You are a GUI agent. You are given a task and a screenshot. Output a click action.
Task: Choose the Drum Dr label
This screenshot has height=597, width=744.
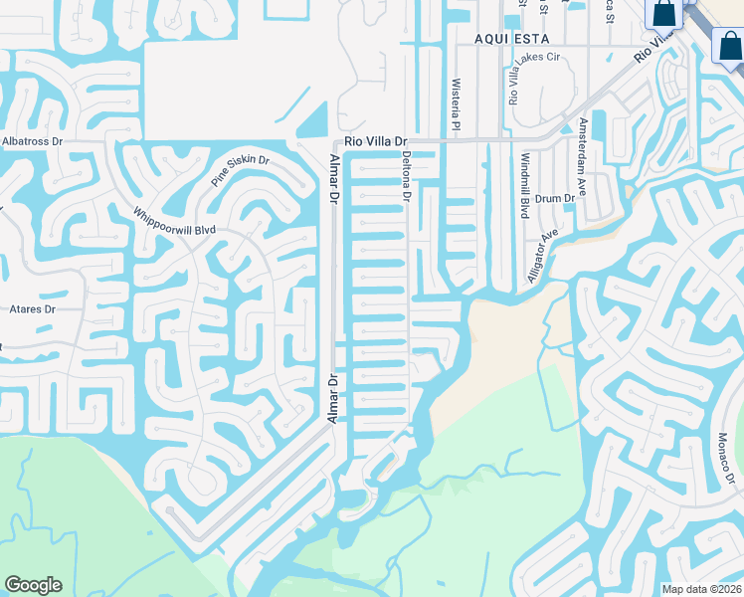point(556,199)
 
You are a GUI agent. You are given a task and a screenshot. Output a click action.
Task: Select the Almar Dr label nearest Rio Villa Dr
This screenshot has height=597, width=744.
point(334,179)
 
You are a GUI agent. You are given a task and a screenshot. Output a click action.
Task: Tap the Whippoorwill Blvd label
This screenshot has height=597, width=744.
point(175,220)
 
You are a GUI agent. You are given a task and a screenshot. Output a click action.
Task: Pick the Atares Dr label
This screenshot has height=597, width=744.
point(31,309)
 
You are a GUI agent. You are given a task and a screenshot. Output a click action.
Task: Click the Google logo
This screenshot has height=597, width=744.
point(33,585)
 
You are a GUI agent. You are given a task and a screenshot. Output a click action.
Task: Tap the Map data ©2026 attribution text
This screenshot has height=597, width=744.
point(701,589)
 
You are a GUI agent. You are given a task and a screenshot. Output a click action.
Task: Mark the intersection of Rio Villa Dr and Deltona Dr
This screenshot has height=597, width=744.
point(407,141)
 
